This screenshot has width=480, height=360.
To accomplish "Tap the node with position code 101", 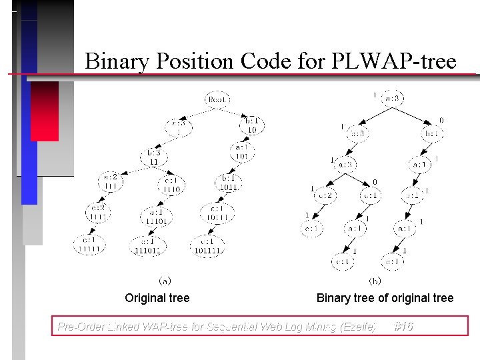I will coord(241,151).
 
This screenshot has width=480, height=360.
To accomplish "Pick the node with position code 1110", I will coord(171,185).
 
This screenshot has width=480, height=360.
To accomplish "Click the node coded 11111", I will coord(89,245).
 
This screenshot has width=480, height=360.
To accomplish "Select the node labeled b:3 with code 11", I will coord(154,157).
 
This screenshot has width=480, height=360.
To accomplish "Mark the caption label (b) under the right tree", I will coord(375,281).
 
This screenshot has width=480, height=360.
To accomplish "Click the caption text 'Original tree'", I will coord(157,298).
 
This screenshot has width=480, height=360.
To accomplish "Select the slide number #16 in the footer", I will coord(403,326).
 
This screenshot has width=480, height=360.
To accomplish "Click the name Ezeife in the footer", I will coord(359,327).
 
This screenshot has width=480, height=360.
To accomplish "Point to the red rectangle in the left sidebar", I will coord(45,111).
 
